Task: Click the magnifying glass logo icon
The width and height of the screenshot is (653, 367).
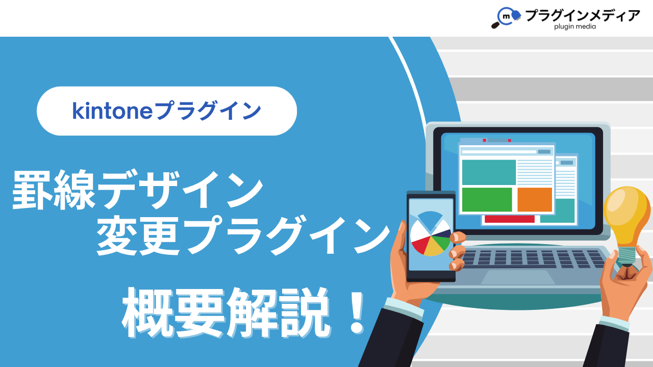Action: tap(506, 17)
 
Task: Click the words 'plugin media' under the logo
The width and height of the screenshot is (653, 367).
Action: tap(575, 27)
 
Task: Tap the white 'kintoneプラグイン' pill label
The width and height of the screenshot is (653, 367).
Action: tap(167, 111)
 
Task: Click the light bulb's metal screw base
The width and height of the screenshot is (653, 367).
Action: tap(626, 256)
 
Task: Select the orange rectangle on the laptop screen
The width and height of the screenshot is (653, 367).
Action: tap(535, 199)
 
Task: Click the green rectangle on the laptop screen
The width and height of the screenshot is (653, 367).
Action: tap(487, 199)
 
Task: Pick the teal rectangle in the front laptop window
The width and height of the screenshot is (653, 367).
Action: tap(489, 172)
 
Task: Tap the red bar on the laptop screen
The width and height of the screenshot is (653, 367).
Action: tap(510, 219)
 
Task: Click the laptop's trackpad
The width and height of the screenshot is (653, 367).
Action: tap(518, 277)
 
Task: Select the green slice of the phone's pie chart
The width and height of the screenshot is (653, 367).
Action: tap(441, 243)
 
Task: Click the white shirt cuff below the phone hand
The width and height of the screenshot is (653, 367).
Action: tap(404, 308)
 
